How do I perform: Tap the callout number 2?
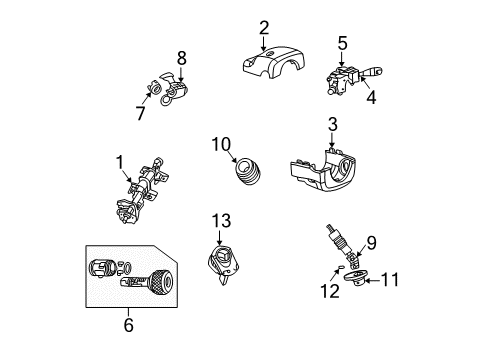point(264,27)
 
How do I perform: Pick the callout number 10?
point(220,144)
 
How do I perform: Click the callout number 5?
point(342,43)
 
